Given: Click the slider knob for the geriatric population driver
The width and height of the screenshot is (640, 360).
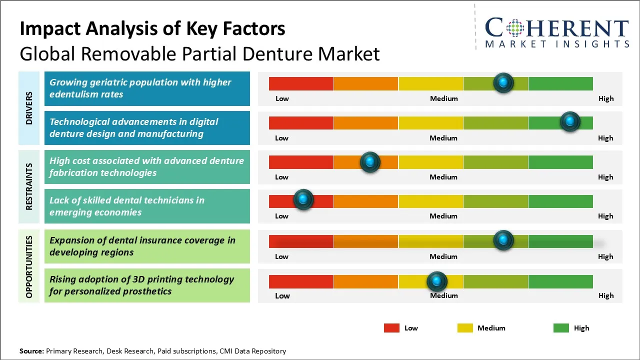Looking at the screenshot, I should (503, 82).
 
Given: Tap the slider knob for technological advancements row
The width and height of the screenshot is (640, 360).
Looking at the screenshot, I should (570, 121).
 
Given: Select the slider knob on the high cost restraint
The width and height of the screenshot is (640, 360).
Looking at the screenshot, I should (370, 162).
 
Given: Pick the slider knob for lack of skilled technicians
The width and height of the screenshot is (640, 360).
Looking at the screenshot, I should (303, 199).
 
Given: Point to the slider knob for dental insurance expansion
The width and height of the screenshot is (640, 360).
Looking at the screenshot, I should (503, 240).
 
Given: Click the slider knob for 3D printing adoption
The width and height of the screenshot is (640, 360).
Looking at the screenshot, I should (437, 281).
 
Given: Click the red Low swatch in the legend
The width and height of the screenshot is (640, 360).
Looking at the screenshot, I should (391, 328).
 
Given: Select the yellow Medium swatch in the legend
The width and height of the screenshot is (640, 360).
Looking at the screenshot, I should (465, 328).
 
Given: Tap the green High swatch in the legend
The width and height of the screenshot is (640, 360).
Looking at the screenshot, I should (561, 328).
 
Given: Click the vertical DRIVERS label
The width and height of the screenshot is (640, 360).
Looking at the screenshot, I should (29, 108).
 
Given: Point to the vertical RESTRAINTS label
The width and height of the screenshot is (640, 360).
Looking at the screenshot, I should (29, 186).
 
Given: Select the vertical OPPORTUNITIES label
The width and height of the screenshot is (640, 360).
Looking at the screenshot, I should (29, 267).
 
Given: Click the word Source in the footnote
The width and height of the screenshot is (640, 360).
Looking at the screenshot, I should (31, 351).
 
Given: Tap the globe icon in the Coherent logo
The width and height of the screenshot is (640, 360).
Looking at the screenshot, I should (514, 28).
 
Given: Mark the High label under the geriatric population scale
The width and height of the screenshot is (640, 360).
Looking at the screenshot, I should (606, 98).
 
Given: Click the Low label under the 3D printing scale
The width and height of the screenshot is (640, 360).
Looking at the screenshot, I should (282, 295).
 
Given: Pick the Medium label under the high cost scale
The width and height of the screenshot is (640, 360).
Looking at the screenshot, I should (443, 177).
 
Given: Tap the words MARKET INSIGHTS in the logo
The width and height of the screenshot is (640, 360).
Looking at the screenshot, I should (557, 44).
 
